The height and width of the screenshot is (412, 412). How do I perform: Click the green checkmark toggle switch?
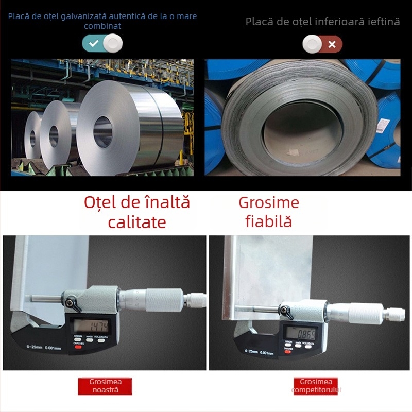[x=102, y=44]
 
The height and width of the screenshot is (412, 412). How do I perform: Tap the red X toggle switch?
[x=322, y=44]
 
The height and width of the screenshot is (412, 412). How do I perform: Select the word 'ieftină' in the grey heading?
[x=382, y=22]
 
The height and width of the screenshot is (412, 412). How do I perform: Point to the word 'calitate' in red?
[x=137, y=222]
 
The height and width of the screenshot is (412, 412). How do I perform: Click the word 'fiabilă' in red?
[x=268, y=221]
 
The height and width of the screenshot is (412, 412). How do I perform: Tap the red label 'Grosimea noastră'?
[x=105, y=386]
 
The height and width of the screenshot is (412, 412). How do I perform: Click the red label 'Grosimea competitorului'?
[x=316, y=386]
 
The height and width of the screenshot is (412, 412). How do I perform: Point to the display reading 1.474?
[x=90, y=325]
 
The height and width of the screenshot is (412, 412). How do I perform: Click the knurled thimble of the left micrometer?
[x=164, y=300]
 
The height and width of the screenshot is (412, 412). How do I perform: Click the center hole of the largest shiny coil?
[x=102, y=132]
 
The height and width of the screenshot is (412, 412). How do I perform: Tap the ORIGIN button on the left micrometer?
[x=78, y=338]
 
